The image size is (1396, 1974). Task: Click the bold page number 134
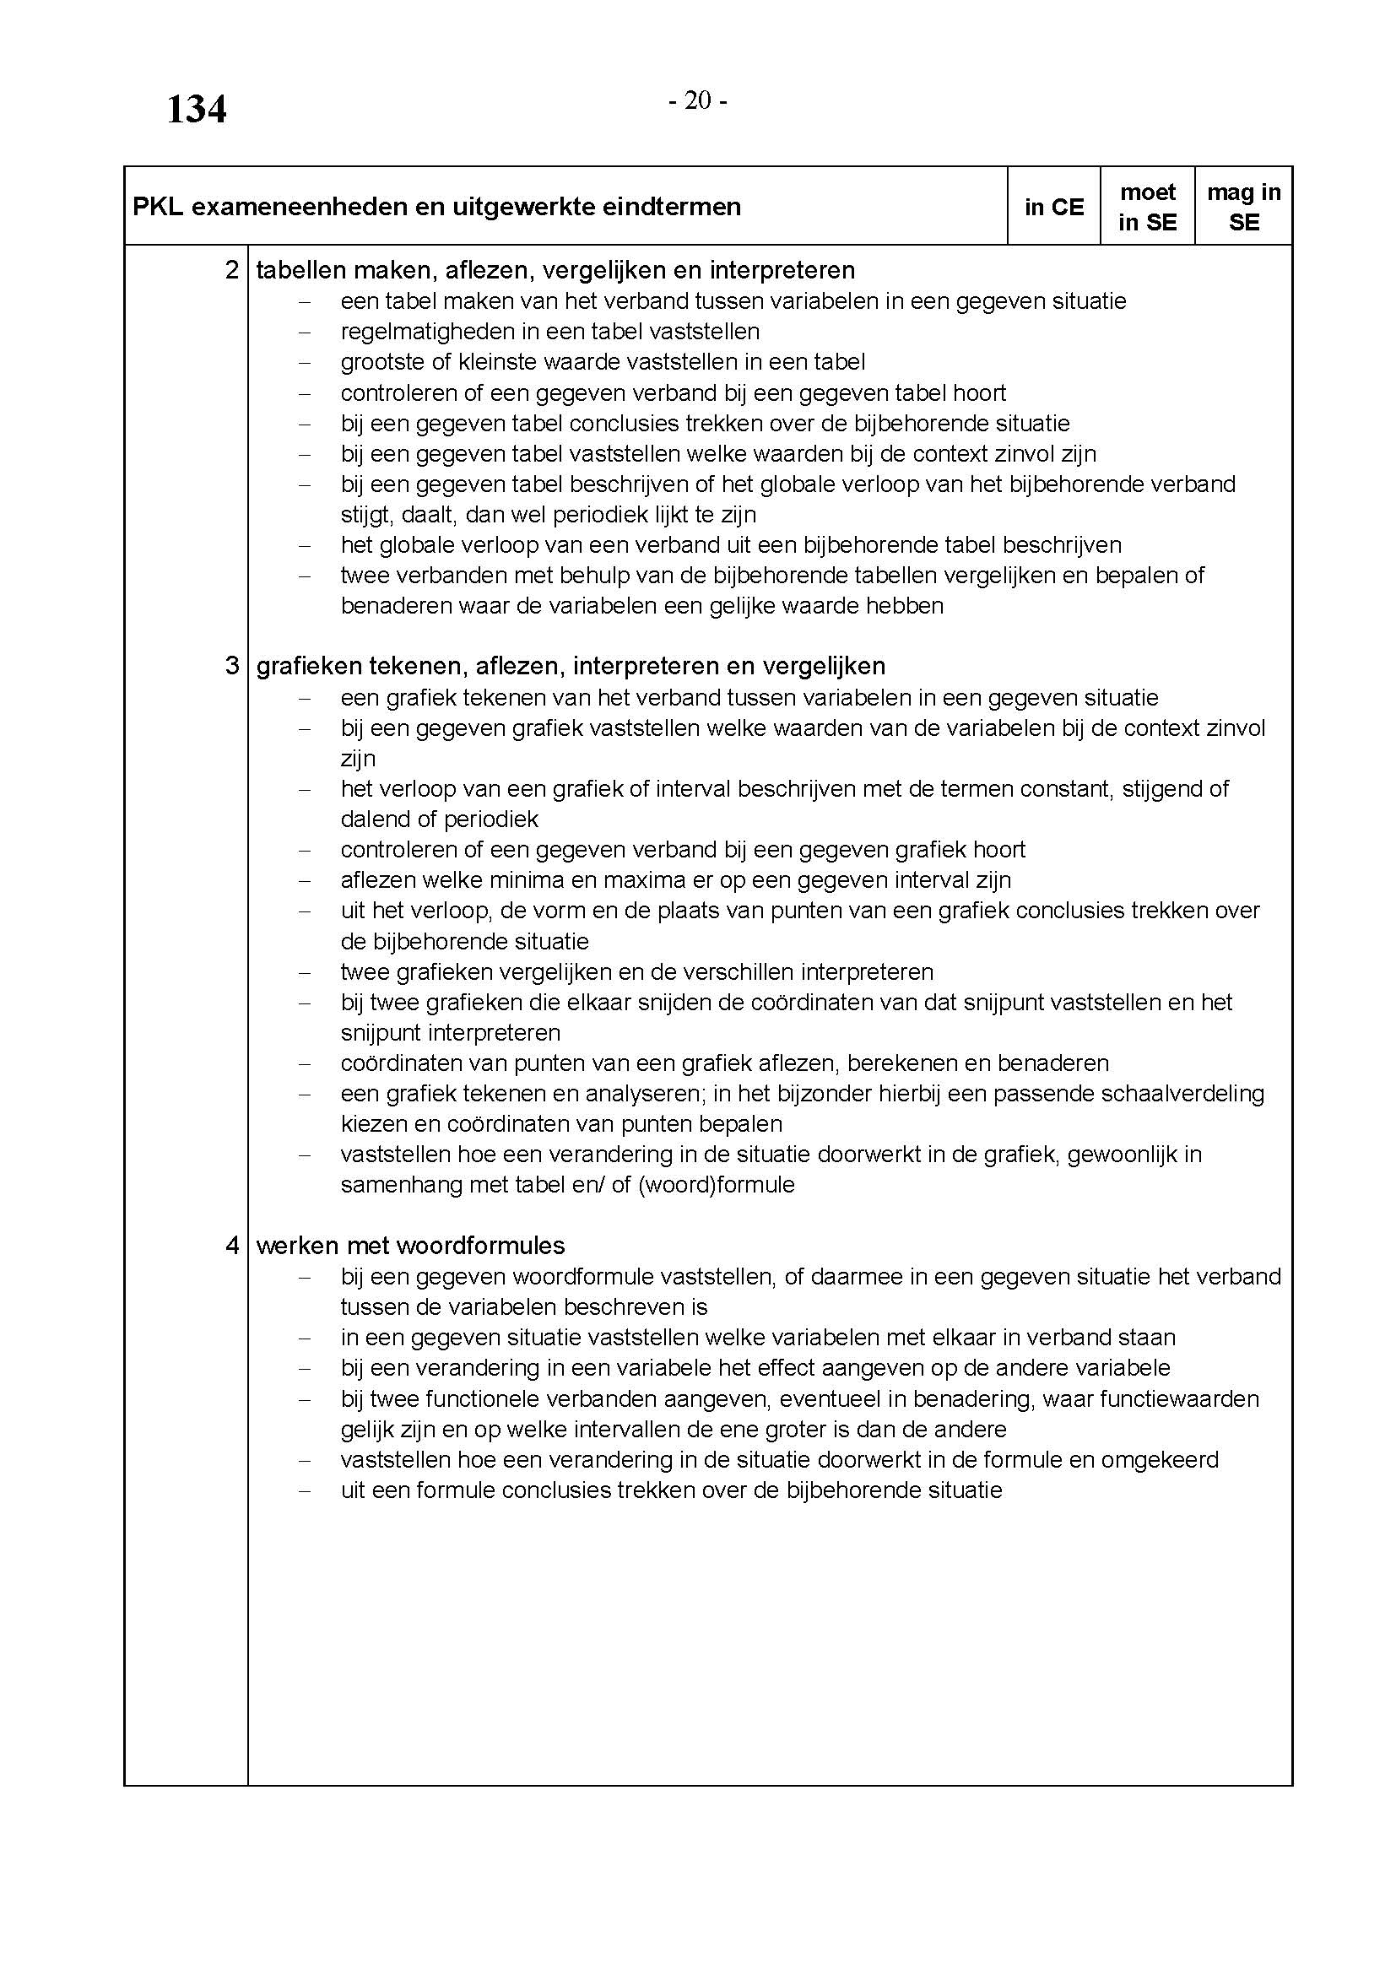coord(196,110)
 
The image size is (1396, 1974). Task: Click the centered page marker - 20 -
coord(698,101)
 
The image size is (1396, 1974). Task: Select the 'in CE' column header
coord(1054,208)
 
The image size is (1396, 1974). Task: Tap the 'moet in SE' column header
coord(1148,208)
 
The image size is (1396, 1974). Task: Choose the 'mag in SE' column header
coord(1243,208)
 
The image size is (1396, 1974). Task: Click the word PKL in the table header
coord(158,208)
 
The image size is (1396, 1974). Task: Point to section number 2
coord(232,270)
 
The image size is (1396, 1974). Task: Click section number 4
coord(232,1245)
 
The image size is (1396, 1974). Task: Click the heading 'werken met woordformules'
coord(410,1245)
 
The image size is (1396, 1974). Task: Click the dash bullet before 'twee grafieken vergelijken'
coord(304,972)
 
